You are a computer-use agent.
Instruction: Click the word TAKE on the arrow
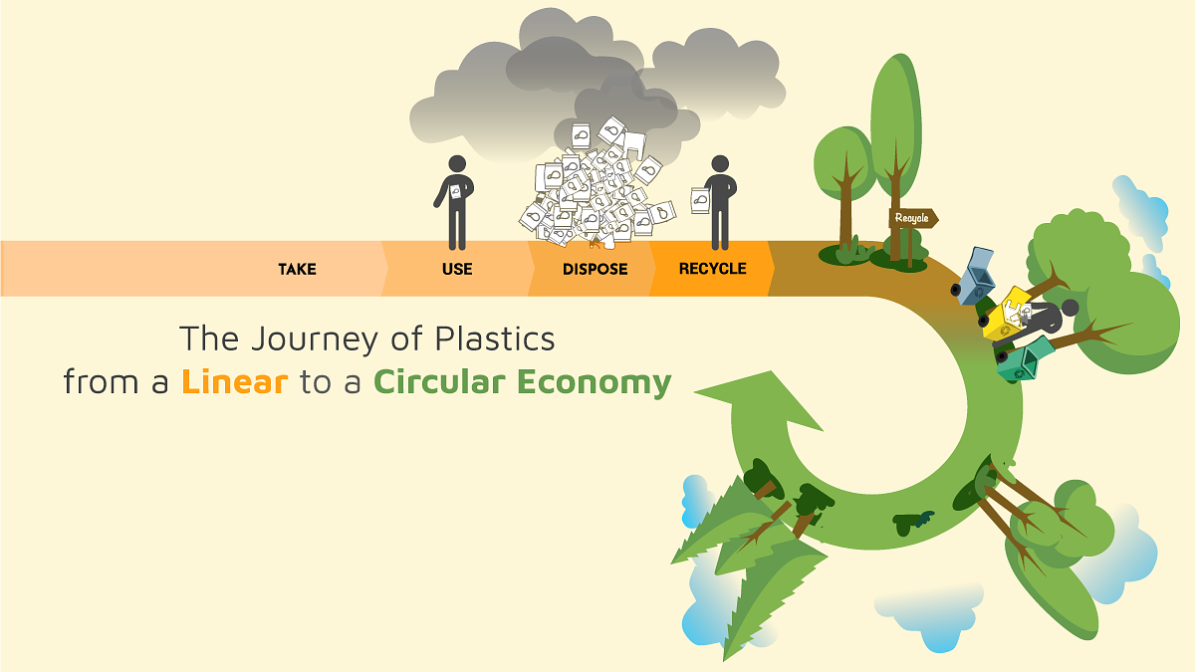[x=297, y=269]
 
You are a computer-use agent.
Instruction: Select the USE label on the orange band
[x=457, y=269]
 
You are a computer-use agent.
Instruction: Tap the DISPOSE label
[x=595, y=269]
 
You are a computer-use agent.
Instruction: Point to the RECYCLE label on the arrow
[x=712, y=269]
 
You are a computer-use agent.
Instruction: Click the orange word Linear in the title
[x=234, y=382]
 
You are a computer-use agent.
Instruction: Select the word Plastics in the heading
[x=494, y=338]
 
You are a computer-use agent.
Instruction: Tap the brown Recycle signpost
[x=912, y=218]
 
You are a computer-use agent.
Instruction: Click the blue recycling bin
[x=979, y=273]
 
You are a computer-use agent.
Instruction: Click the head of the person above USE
[x=457, y=164]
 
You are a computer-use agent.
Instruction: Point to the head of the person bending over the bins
[x=1069, y=307]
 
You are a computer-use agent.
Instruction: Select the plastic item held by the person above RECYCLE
[x=699, y=201]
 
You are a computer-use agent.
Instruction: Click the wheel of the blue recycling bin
[x=957, y=290]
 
